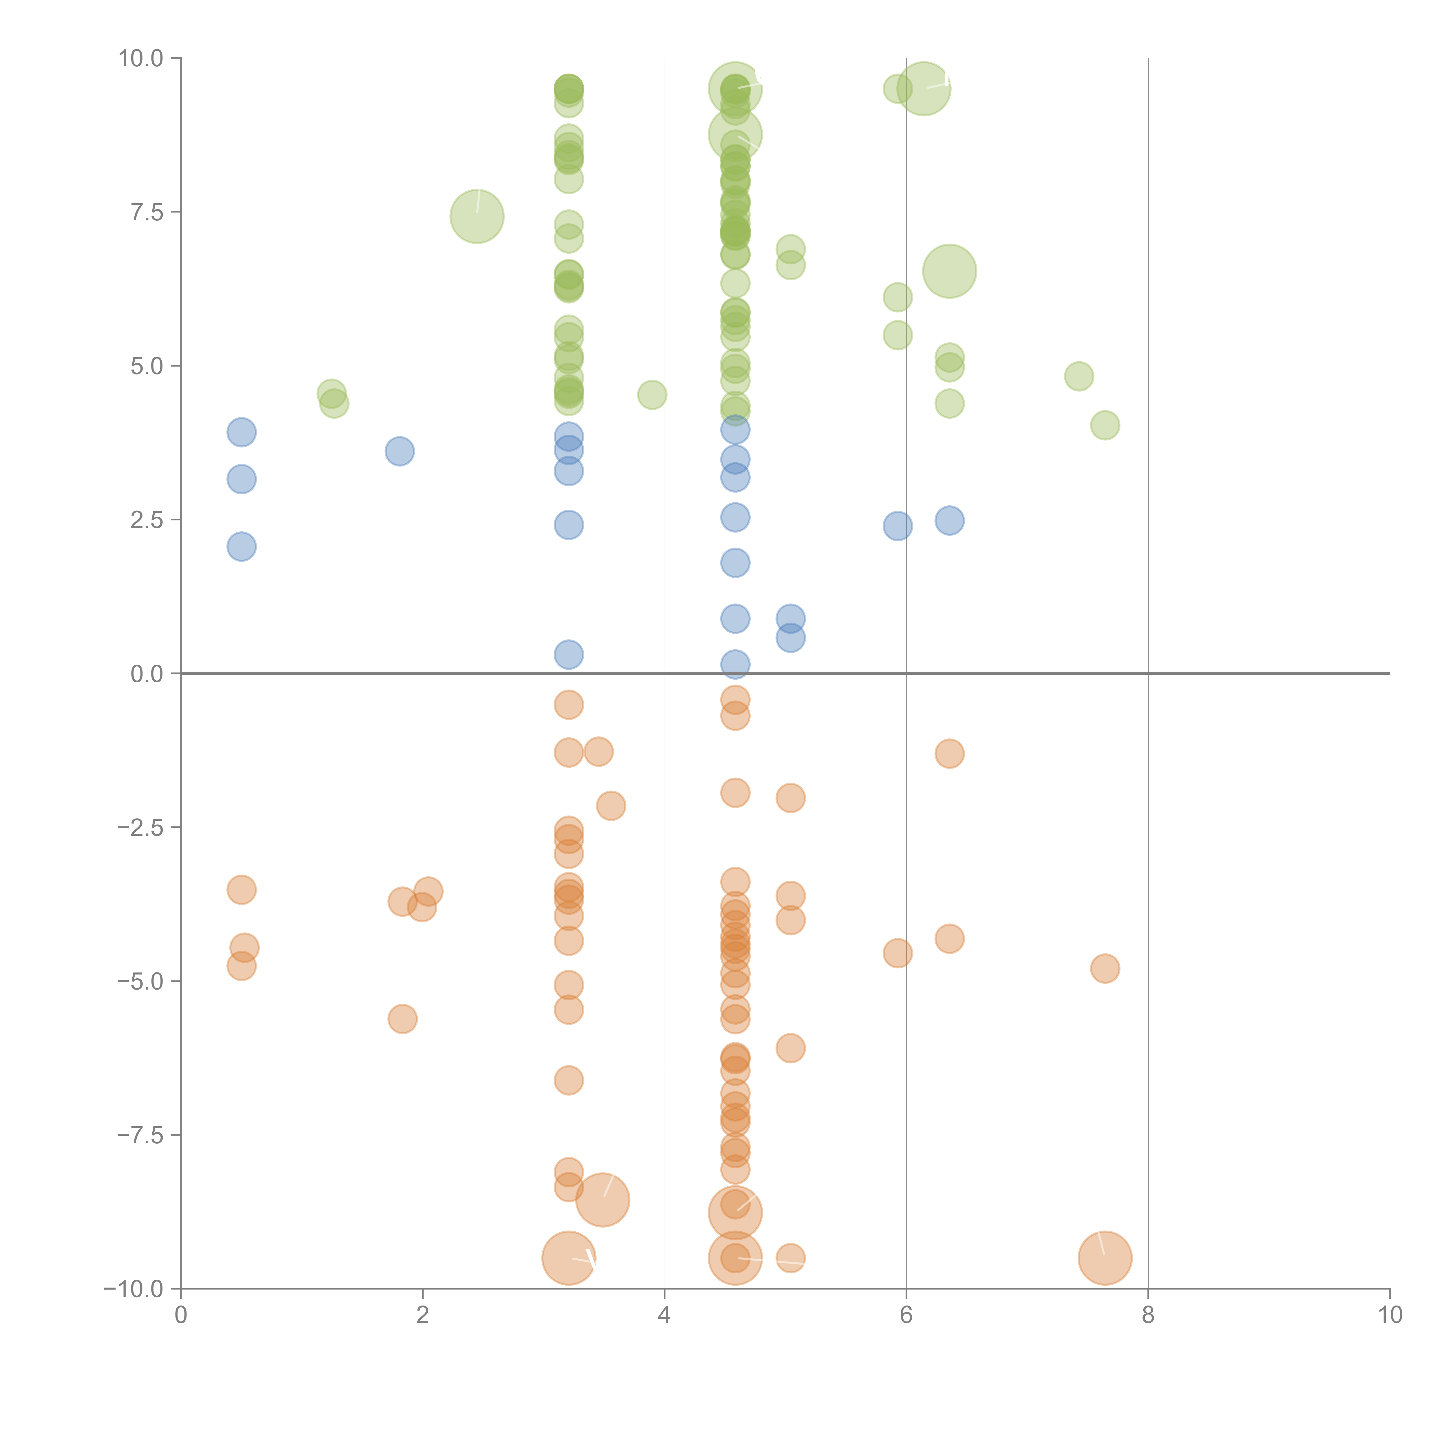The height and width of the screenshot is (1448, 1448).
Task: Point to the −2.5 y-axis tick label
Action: point(140,827)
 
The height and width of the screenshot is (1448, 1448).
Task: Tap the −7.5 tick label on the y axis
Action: point(140,1135)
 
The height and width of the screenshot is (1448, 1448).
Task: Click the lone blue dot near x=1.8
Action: point(399,451)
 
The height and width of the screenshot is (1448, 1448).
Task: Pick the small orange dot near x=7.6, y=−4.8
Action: point(1105,968)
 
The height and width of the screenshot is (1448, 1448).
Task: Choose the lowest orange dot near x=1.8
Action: point(403,1019)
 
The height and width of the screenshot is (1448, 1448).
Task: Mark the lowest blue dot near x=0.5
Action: point(241,546)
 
